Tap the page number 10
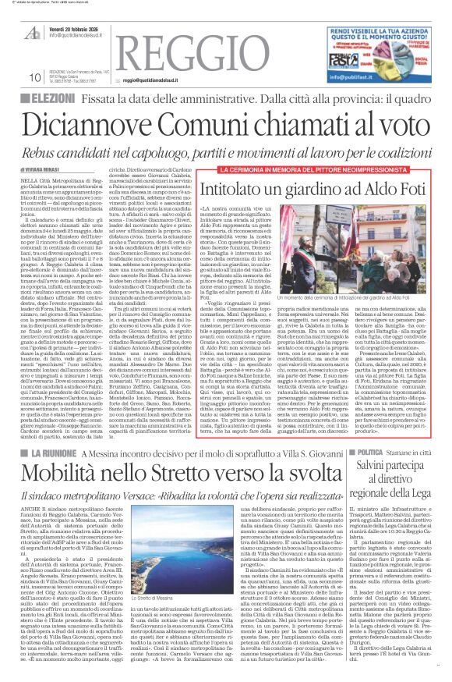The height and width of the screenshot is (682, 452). click(x=34, y=78)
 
